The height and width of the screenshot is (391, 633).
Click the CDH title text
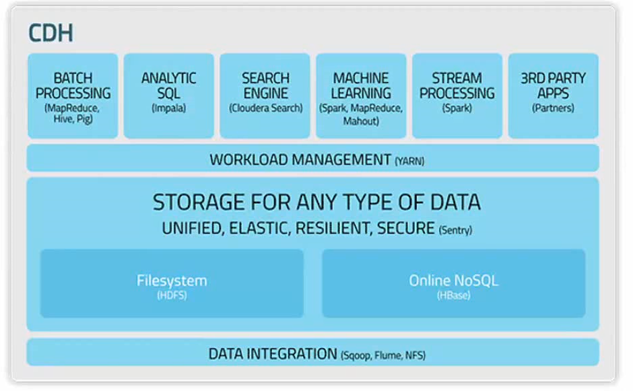(x=51, y=32)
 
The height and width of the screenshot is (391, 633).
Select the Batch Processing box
(x=73, y=96)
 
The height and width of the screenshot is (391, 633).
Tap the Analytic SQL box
(x=168, y=96)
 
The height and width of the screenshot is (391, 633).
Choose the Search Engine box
(x=265, y=96)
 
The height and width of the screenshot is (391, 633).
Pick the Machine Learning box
(x=361, y=96)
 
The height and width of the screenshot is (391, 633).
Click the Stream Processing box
(x=457, y=96)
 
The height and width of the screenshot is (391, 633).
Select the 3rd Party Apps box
(x=553, y=96)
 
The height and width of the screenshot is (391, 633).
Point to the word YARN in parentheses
(x=409, y=161)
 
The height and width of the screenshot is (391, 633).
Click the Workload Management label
(x=300, y=159)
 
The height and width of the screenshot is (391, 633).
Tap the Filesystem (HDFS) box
(x=172, y=283)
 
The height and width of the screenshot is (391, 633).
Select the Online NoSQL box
(x=453, y=283)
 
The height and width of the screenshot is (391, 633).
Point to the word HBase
(x=453, y=295)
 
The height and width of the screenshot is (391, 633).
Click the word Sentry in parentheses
(x=455, y=230)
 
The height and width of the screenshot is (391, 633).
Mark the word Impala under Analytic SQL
(x=168, y=108)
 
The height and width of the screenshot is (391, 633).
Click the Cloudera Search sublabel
(x=265, y=108)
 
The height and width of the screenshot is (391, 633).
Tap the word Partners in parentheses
(x=553, y=108)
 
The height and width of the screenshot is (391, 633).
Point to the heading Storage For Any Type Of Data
(x=316, y=202)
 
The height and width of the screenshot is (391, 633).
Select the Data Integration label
(x=272, y=354)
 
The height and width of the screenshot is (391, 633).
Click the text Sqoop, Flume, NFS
(x=383, y=355)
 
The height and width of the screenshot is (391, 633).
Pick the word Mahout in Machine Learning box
(x=361, y=121)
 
